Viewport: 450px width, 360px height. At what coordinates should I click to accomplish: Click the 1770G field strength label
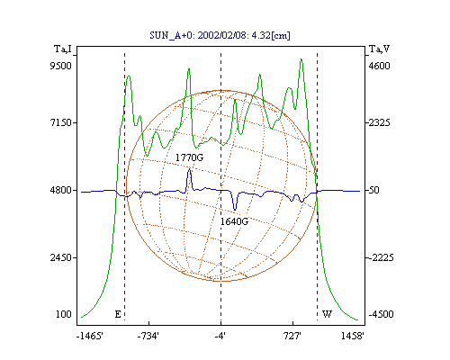189,157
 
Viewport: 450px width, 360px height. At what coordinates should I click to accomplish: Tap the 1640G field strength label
234,221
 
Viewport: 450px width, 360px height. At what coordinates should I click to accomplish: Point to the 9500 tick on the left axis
61,66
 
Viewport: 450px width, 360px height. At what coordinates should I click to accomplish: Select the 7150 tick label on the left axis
61,122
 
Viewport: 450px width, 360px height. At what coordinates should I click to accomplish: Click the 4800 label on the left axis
61,190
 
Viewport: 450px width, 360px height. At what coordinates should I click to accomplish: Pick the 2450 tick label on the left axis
61,257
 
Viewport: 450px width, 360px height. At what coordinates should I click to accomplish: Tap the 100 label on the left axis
64,314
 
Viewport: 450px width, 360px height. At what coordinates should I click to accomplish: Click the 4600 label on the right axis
379,66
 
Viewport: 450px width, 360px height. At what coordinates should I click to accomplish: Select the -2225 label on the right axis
381,257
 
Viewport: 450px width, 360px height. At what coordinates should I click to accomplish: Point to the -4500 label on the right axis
381,314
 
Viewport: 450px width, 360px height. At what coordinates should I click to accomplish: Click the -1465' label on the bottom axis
90,336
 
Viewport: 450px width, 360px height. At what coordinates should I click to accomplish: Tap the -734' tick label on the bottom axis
148,336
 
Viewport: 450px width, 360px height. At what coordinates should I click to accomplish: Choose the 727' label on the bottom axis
292,336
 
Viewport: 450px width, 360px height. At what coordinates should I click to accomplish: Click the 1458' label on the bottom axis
353,336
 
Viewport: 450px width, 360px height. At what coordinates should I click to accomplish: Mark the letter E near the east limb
118,314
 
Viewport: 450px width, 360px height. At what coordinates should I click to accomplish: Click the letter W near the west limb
327,314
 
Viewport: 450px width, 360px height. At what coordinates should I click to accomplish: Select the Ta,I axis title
63,49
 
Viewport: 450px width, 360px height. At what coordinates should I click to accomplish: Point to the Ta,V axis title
379,49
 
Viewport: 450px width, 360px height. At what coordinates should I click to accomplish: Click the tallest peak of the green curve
301,59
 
